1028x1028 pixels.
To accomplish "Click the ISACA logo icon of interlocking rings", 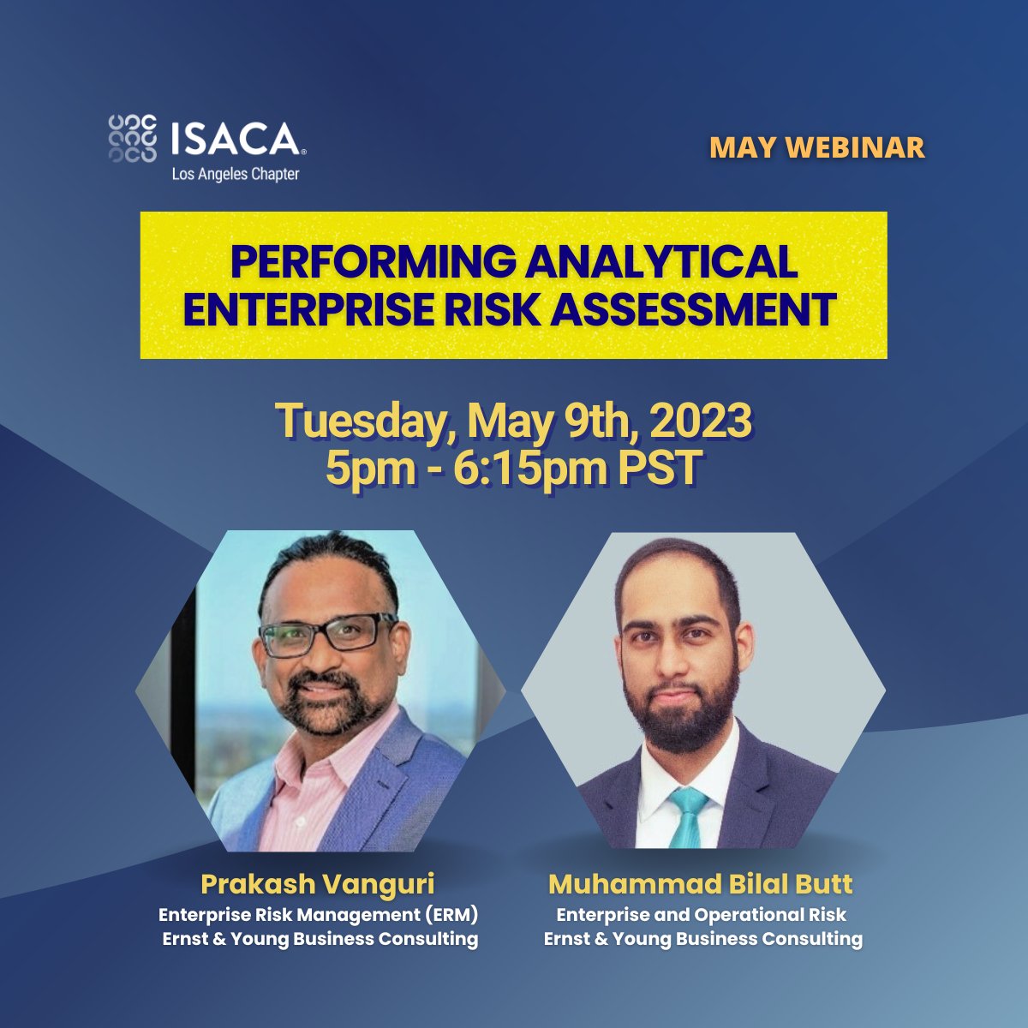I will click(x=133, y=138).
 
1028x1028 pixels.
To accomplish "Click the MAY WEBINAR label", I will click(x=816, y=147).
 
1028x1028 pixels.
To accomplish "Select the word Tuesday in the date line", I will click(x=362, y=421).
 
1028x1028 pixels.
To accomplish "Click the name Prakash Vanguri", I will click(x=319, y=883).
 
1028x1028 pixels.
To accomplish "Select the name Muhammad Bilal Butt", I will click(x=701, y=883).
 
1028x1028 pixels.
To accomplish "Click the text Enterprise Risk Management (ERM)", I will click(x=319, y=915).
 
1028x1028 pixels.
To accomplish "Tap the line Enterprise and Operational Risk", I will click(x=702, y=915).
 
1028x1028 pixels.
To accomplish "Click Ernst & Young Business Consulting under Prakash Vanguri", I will click(x=320, y=938).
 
